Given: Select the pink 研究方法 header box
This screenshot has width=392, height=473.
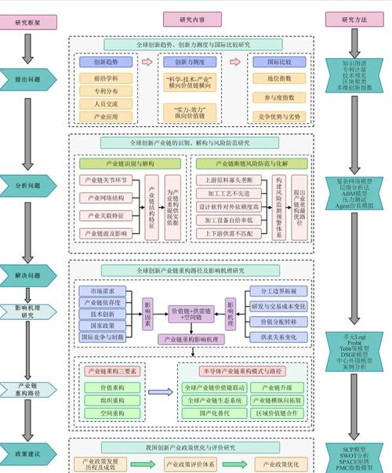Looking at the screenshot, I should (342, 20).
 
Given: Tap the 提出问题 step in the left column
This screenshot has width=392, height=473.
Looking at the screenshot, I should (27, 79).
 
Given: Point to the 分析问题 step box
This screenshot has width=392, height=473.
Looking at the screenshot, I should (27, 185).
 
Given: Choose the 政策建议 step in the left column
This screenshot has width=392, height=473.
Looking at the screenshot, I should (27, 453).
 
